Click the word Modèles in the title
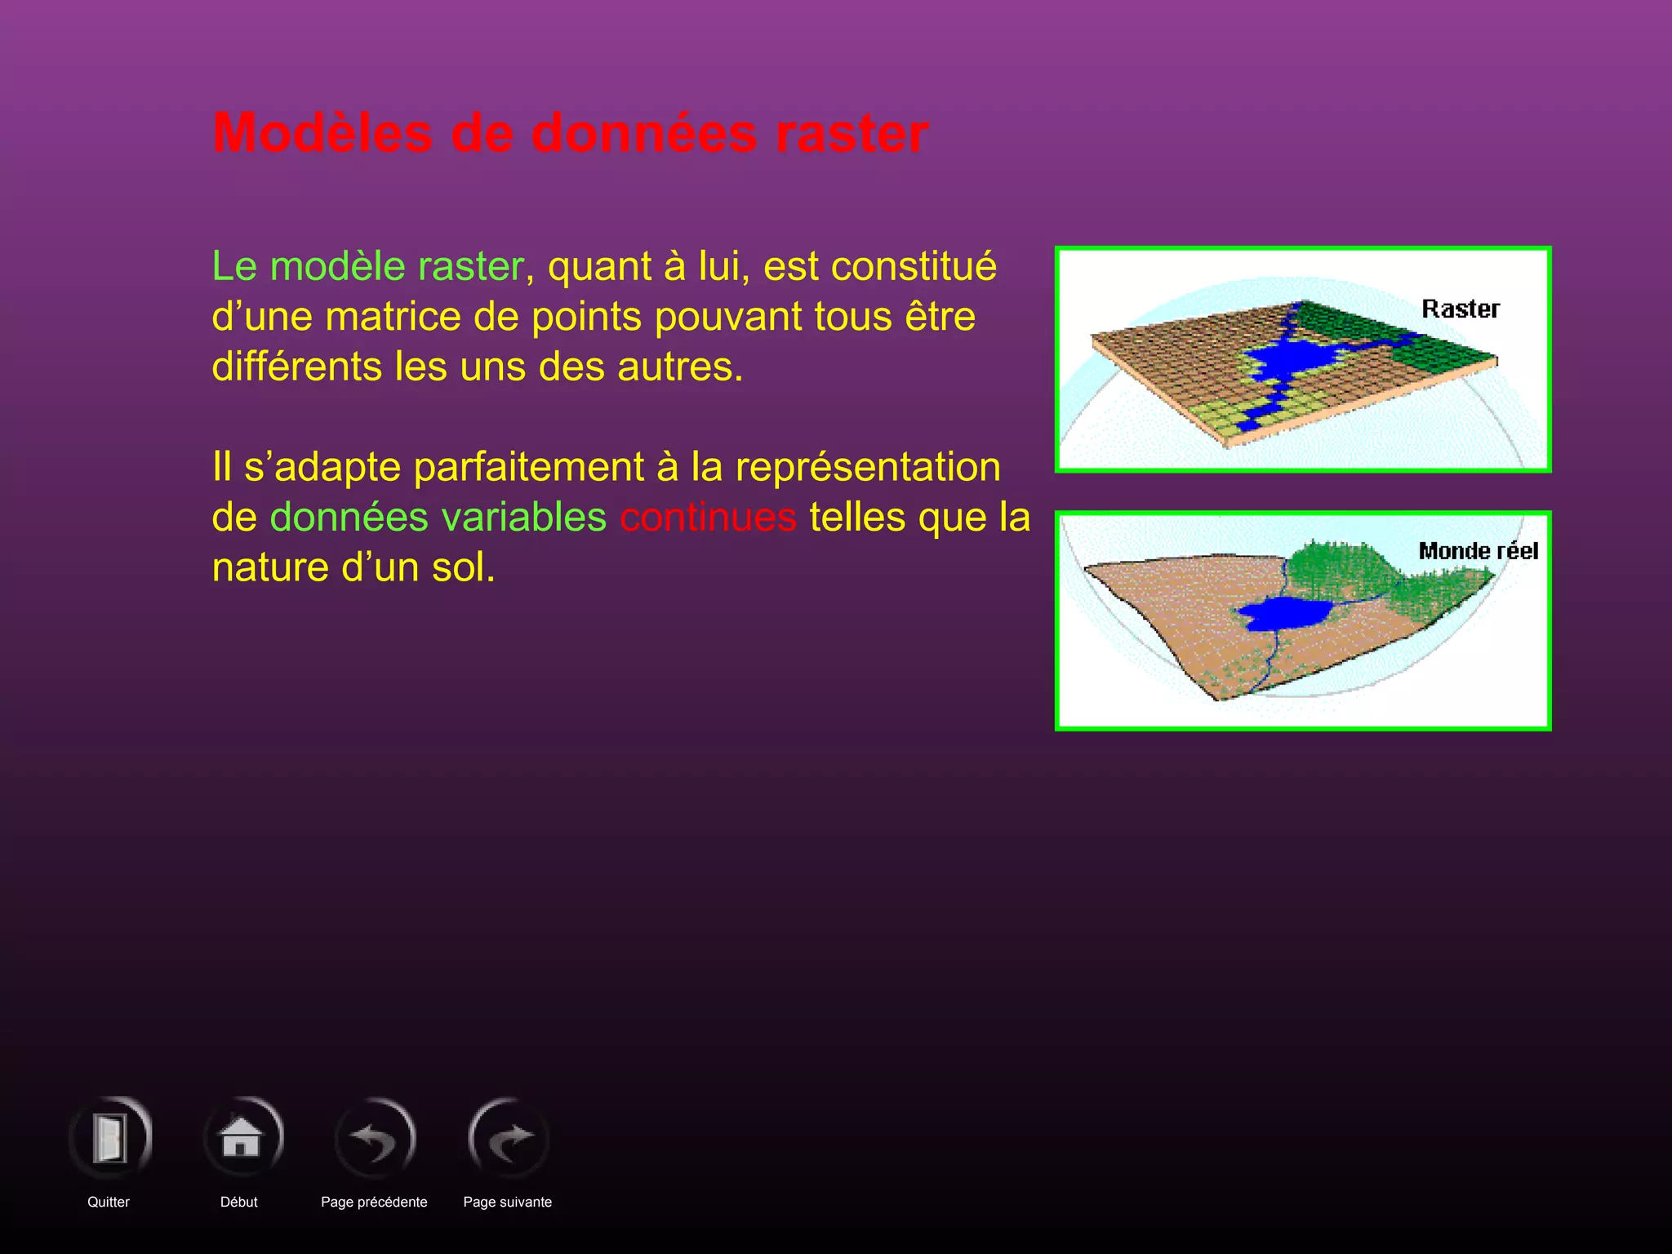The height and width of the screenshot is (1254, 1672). tap(322, 133)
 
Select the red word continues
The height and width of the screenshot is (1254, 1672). tap(708, 518)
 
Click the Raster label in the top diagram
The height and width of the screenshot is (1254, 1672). tap(1460, 309)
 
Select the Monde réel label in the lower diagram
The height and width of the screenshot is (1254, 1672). tap(1478, 551)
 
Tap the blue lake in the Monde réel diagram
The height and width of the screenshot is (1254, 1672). tap(1282, 612)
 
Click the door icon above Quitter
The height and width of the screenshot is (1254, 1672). tap(109, 1138)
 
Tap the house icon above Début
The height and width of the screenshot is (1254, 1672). tap(242, 1136)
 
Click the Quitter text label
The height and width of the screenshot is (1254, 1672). tap(109, 1202)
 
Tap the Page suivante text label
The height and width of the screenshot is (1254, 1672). tap(507, 1202)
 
